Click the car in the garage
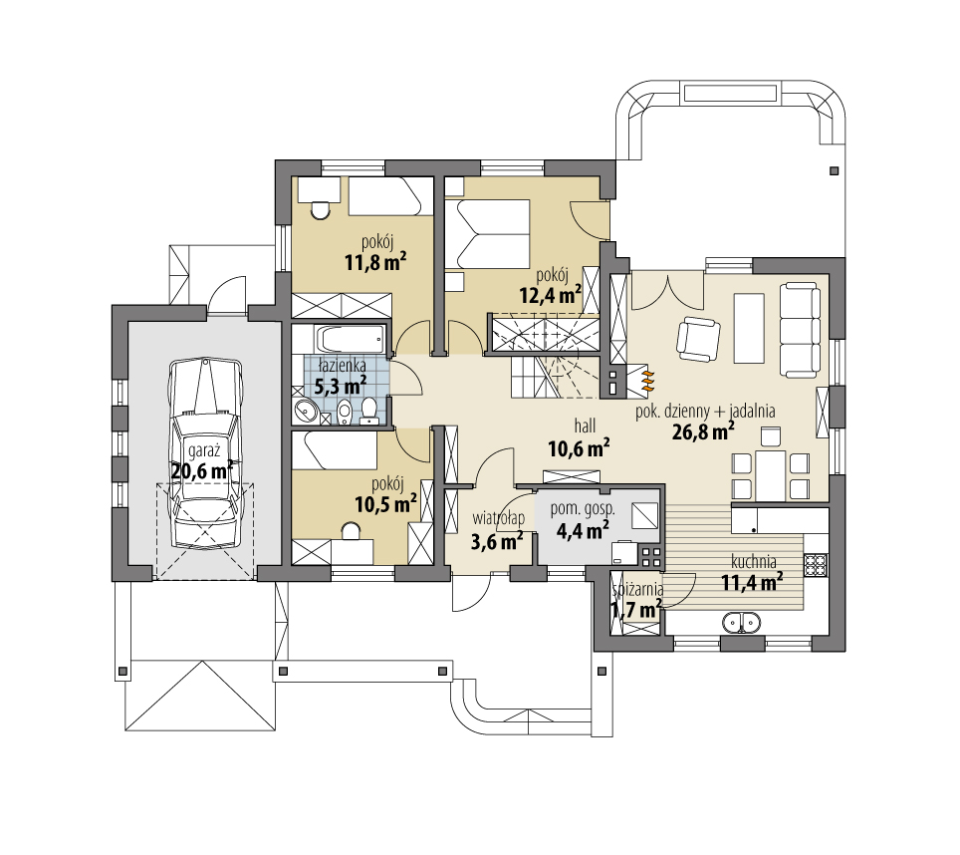(205, 453)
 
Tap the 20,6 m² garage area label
(202, 471)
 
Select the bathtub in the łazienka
(350, 339)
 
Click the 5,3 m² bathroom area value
(341, 386)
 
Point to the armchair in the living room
(698, 339)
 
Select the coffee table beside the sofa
(749, 328)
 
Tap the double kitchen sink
(742, 622)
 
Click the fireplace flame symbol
(648, 380)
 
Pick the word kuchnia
(754, 561)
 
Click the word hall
(585, 426)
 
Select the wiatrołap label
(498, 518)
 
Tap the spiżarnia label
(638, 589)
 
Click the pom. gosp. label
(583, 509)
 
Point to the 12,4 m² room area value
(551, 295)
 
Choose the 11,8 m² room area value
(375, 262)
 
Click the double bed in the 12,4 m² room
(487, 234)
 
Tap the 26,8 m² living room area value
(703, 431)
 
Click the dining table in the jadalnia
(771, 476)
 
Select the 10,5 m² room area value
(385, 504)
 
